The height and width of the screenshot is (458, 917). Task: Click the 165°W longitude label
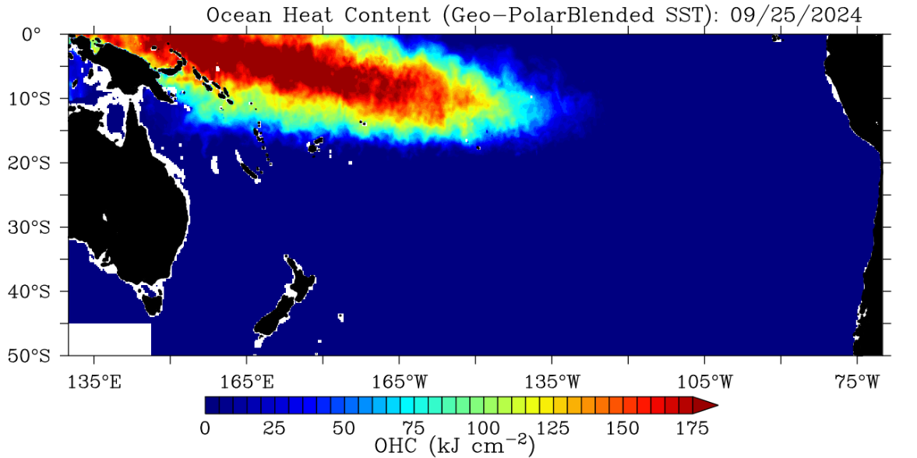pos(400,382)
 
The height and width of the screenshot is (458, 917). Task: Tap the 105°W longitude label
pos(705,382)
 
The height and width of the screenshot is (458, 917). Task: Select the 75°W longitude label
pos(857,382)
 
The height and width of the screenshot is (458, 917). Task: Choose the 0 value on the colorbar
pos(205,428)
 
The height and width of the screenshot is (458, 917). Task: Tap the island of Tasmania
pos(153,304)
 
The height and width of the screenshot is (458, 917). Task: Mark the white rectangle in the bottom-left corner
pos(109,339)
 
